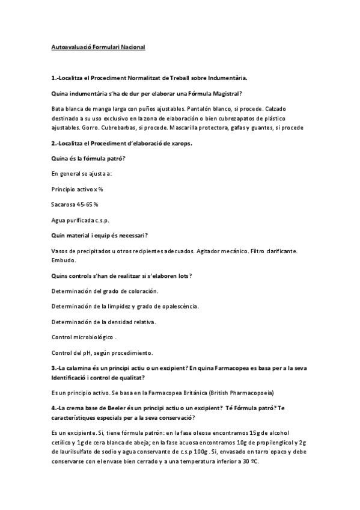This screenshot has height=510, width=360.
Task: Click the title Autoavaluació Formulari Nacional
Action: click(99, 46)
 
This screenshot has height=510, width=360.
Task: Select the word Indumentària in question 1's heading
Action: click(225, 78)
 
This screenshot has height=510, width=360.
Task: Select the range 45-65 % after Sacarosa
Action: click(88, 204)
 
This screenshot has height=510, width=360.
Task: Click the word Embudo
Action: click(64, 260)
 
